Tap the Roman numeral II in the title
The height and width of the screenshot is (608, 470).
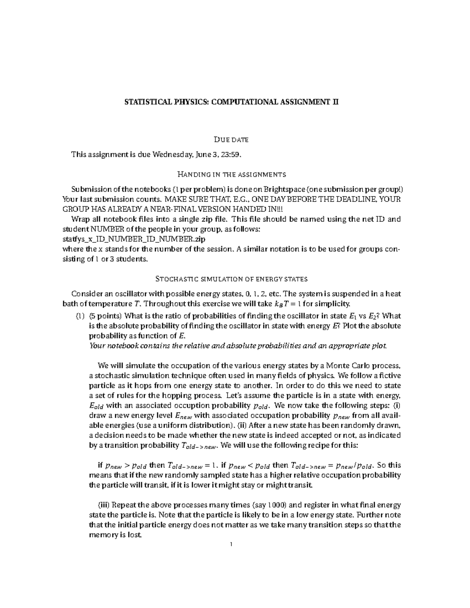[335, 103]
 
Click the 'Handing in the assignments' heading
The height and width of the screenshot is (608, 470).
[231, 174]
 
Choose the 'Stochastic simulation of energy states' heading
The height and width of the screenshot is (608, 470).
[231, 279]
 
